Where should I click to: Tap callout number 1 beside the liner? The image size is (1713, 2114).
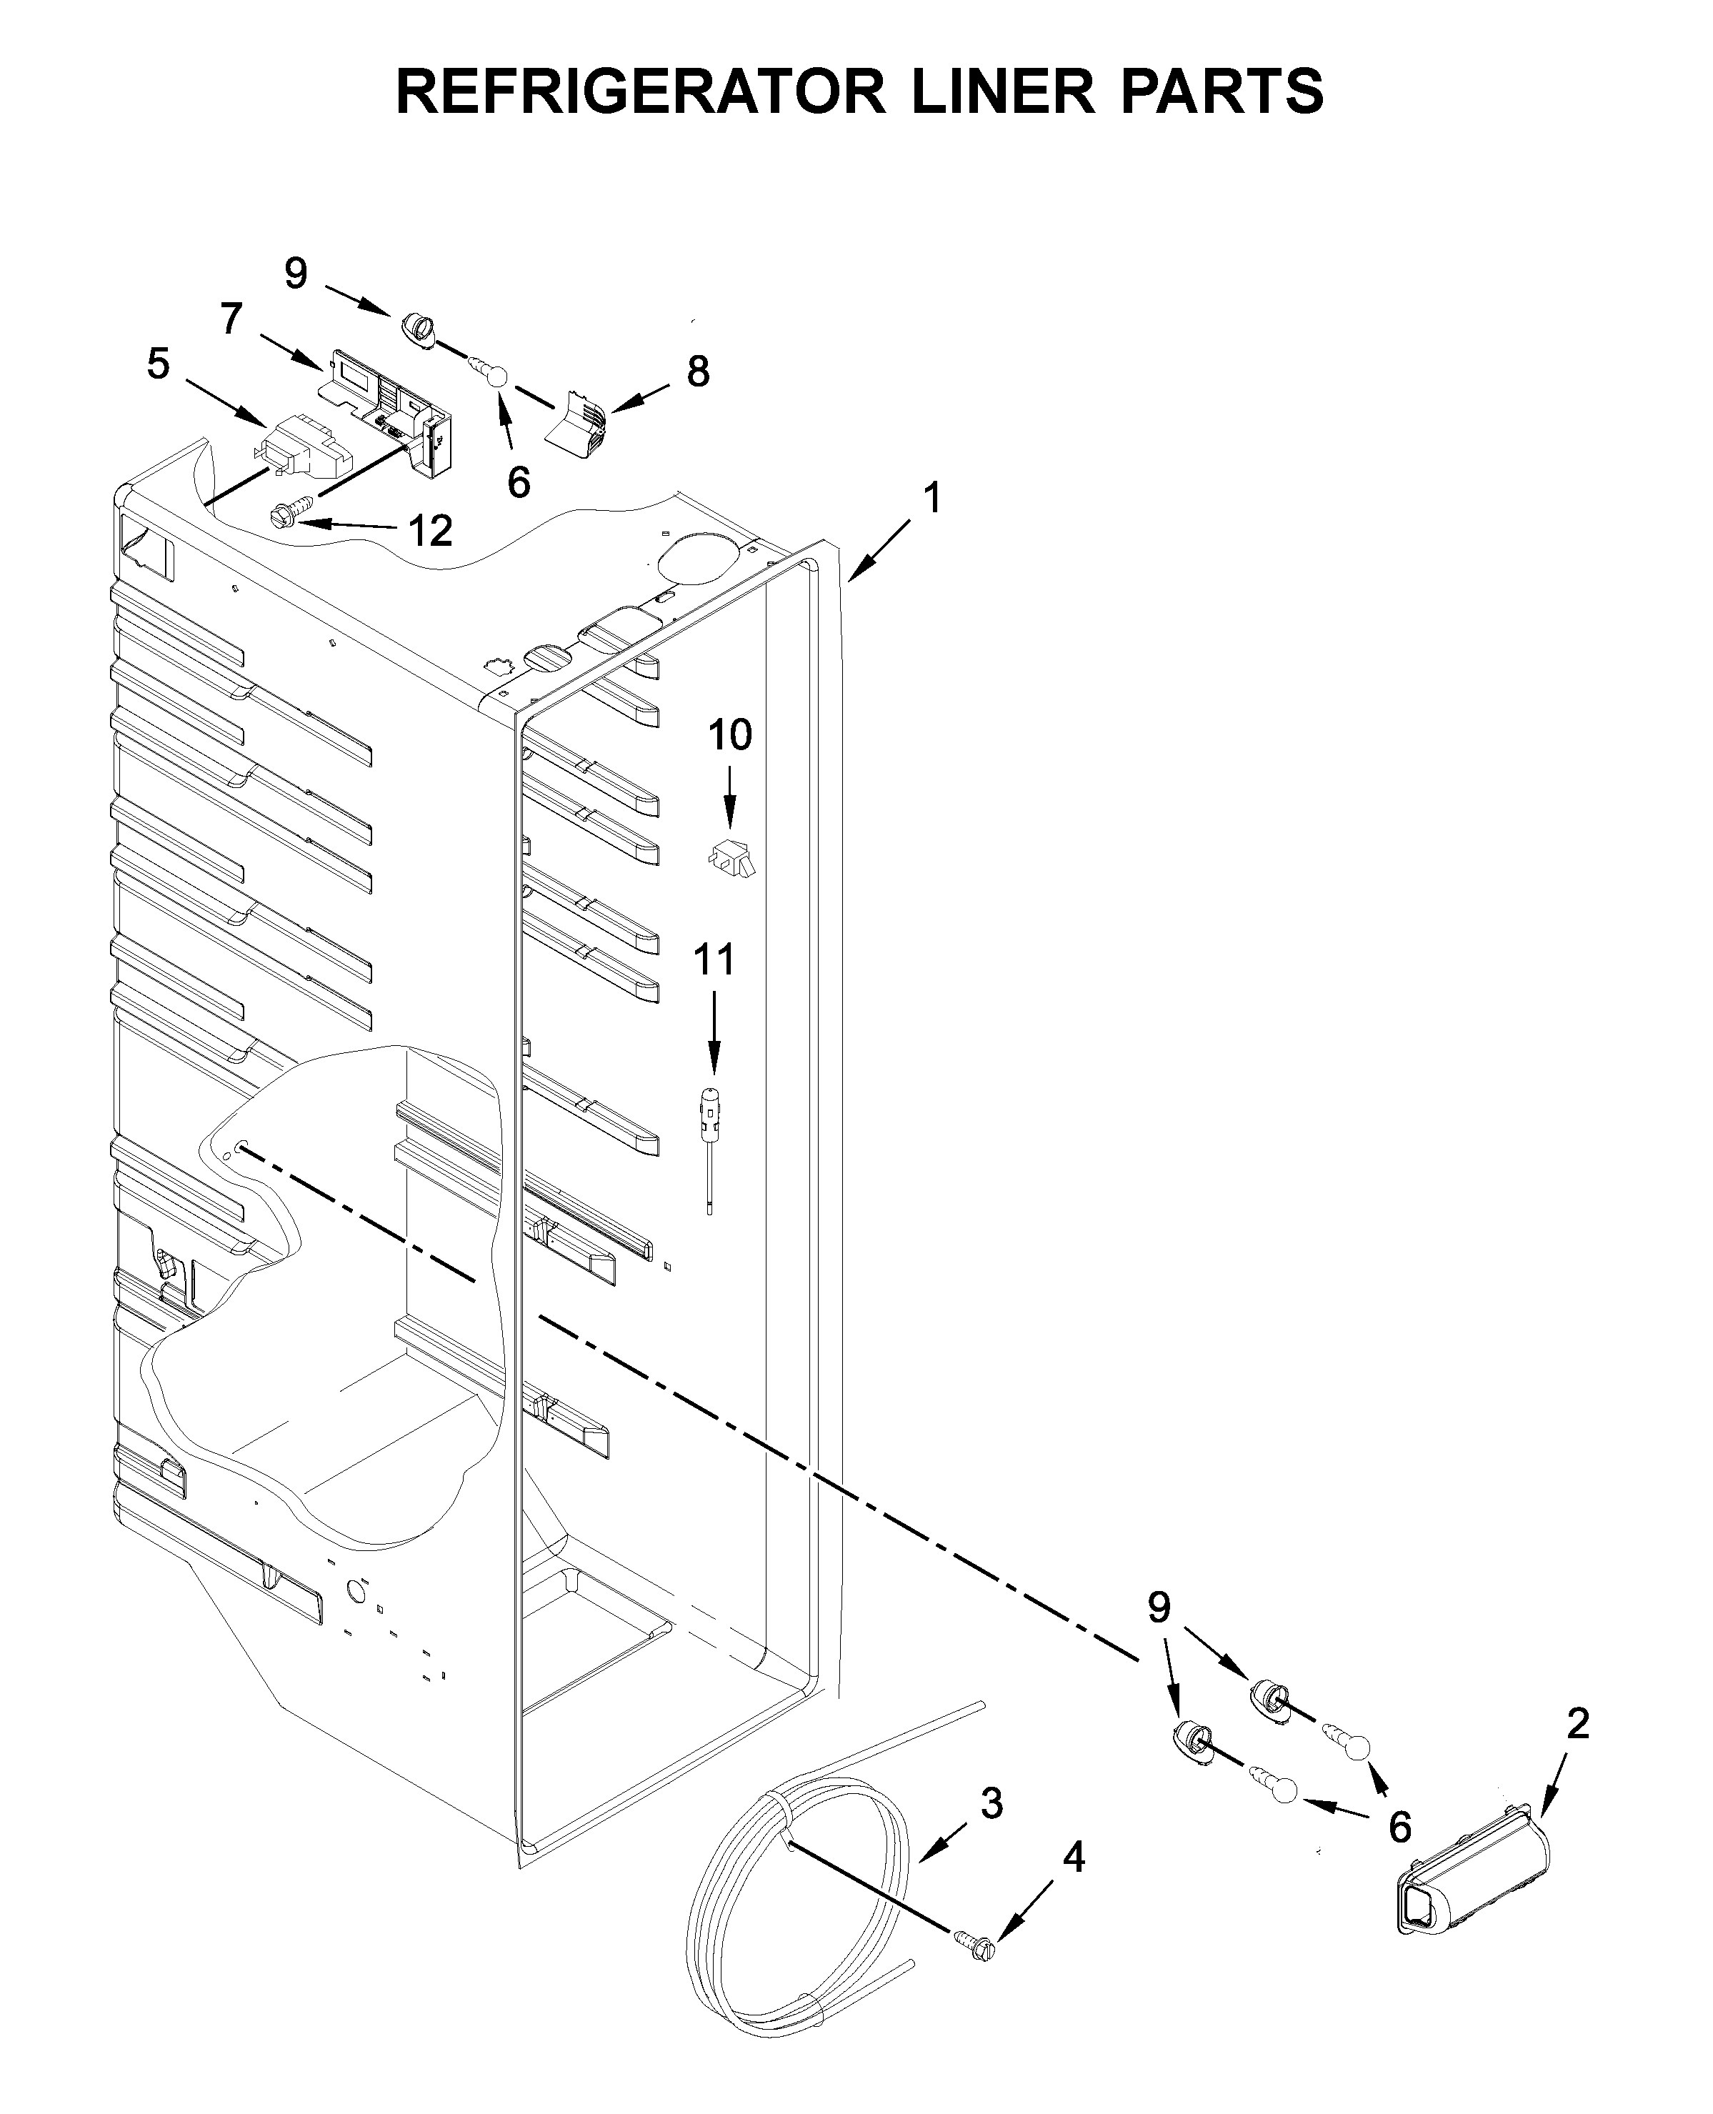(x=932, y=499)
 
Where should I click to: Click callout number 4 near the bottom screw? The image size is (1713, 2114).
(x=1074, y=1858)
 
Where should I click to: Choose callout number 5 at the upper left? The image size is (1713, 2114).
(x=158, y=364)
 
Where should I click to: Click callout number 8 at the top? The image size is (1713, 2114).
(x=698, y=372)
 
